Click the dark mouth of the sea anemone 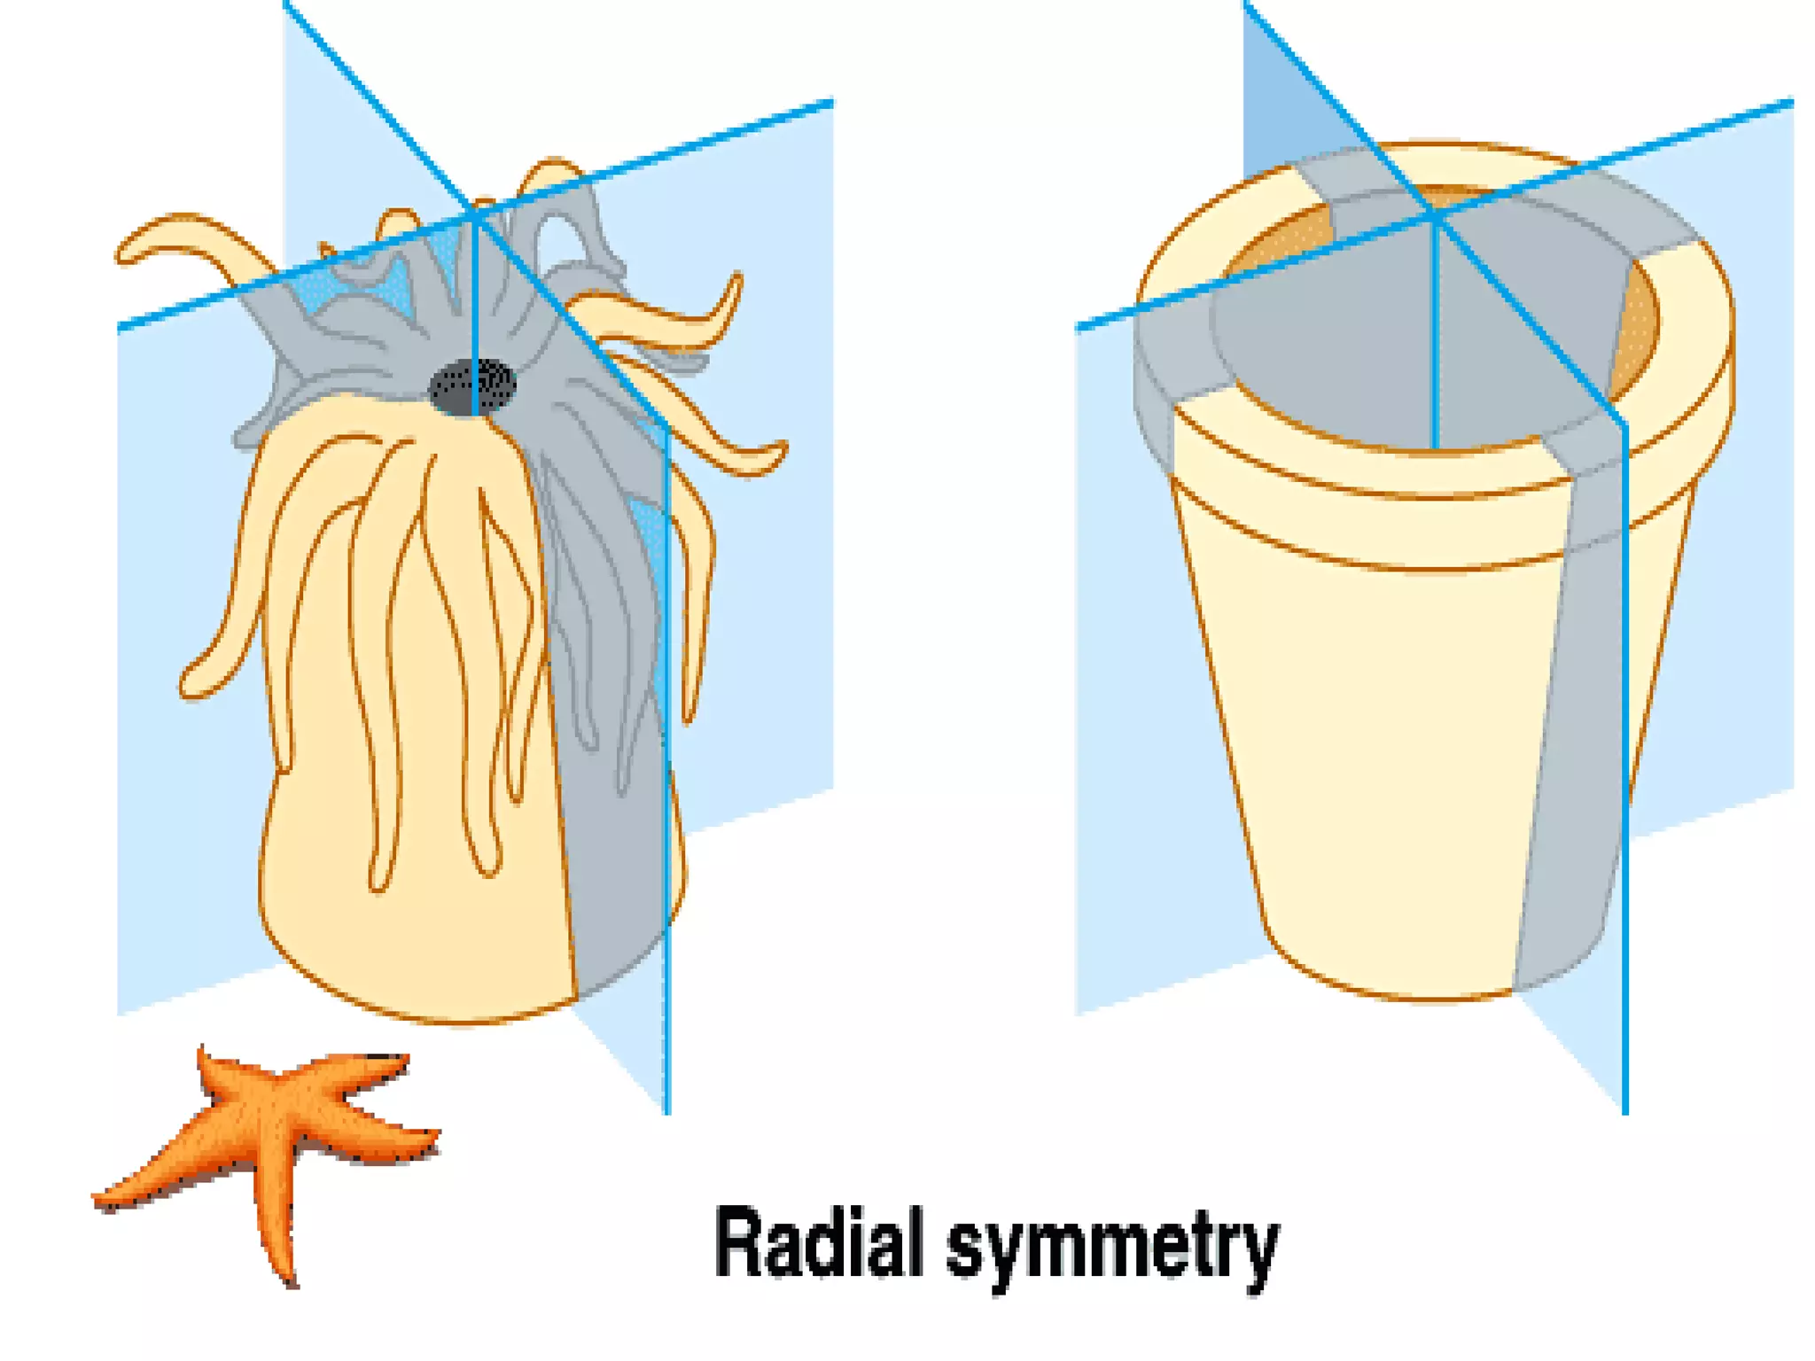472,386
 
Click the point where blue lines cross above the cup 1433,215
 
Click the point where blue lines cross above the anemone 476,215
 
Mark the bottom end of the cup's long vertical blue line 1625,1111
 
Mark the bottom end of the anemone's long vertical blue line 667,1111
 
